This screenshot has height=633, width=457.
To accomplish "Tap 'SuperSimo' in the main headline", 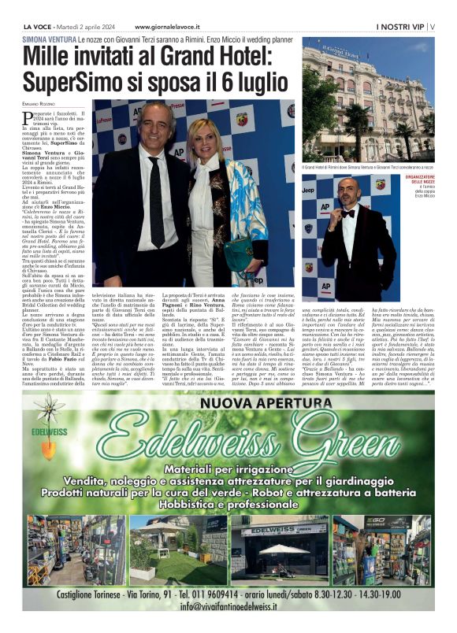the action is pos(76,81).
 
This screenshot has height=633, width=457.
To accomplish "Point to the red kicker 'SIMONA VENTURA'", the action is pos(49,39).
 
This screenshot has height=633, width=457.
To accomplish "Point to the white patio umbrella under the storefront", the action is pos(282,548).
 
